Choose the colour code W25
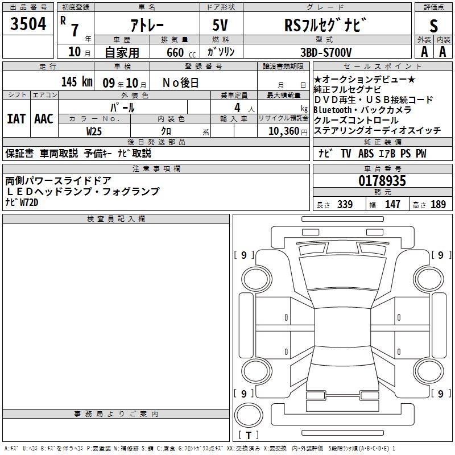click(94, 130)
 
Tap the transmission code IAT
click(16, 119)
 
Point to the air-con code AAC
click(44, 119)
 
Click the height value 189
click(439, 204)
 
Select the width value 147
click(392, 204)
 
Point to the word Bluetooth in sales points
click(336, 110)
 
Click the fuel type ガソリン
click(221, 52)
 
